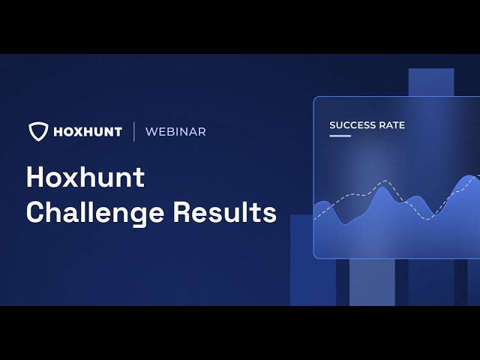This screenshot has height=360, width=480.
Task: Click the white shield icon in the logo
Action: point(38,131)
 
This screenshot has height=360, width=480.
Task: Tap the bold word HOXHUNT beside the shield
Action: point(88,132)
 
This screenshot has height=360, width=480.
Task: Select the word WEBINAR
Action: point(175,132)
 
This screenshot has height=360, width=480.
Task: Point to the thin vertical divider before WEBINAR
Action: point(134,131)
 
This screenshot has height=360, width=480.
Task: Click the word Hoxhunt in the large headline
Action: point(85,178)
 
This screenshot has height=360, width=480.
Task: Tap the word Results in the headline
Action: point(225,212)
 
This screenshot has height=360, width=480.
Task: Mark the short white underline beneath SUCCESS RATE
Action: point(340,136)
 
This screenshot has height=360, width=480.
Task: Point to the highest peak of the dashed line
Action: point(385,181)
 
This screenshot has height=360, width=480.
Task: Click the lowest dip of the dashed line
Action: point(428,219)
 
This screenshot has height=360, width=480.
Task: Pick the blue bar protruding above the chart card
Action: point(431,82)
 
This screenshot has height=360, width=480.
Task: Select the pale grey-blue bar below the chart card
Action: point(372,282)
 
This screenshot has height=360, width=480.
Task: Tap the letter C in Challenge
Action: point(37,212)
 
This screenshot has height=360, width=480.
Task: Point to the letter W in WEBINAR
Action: point(151,132)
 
